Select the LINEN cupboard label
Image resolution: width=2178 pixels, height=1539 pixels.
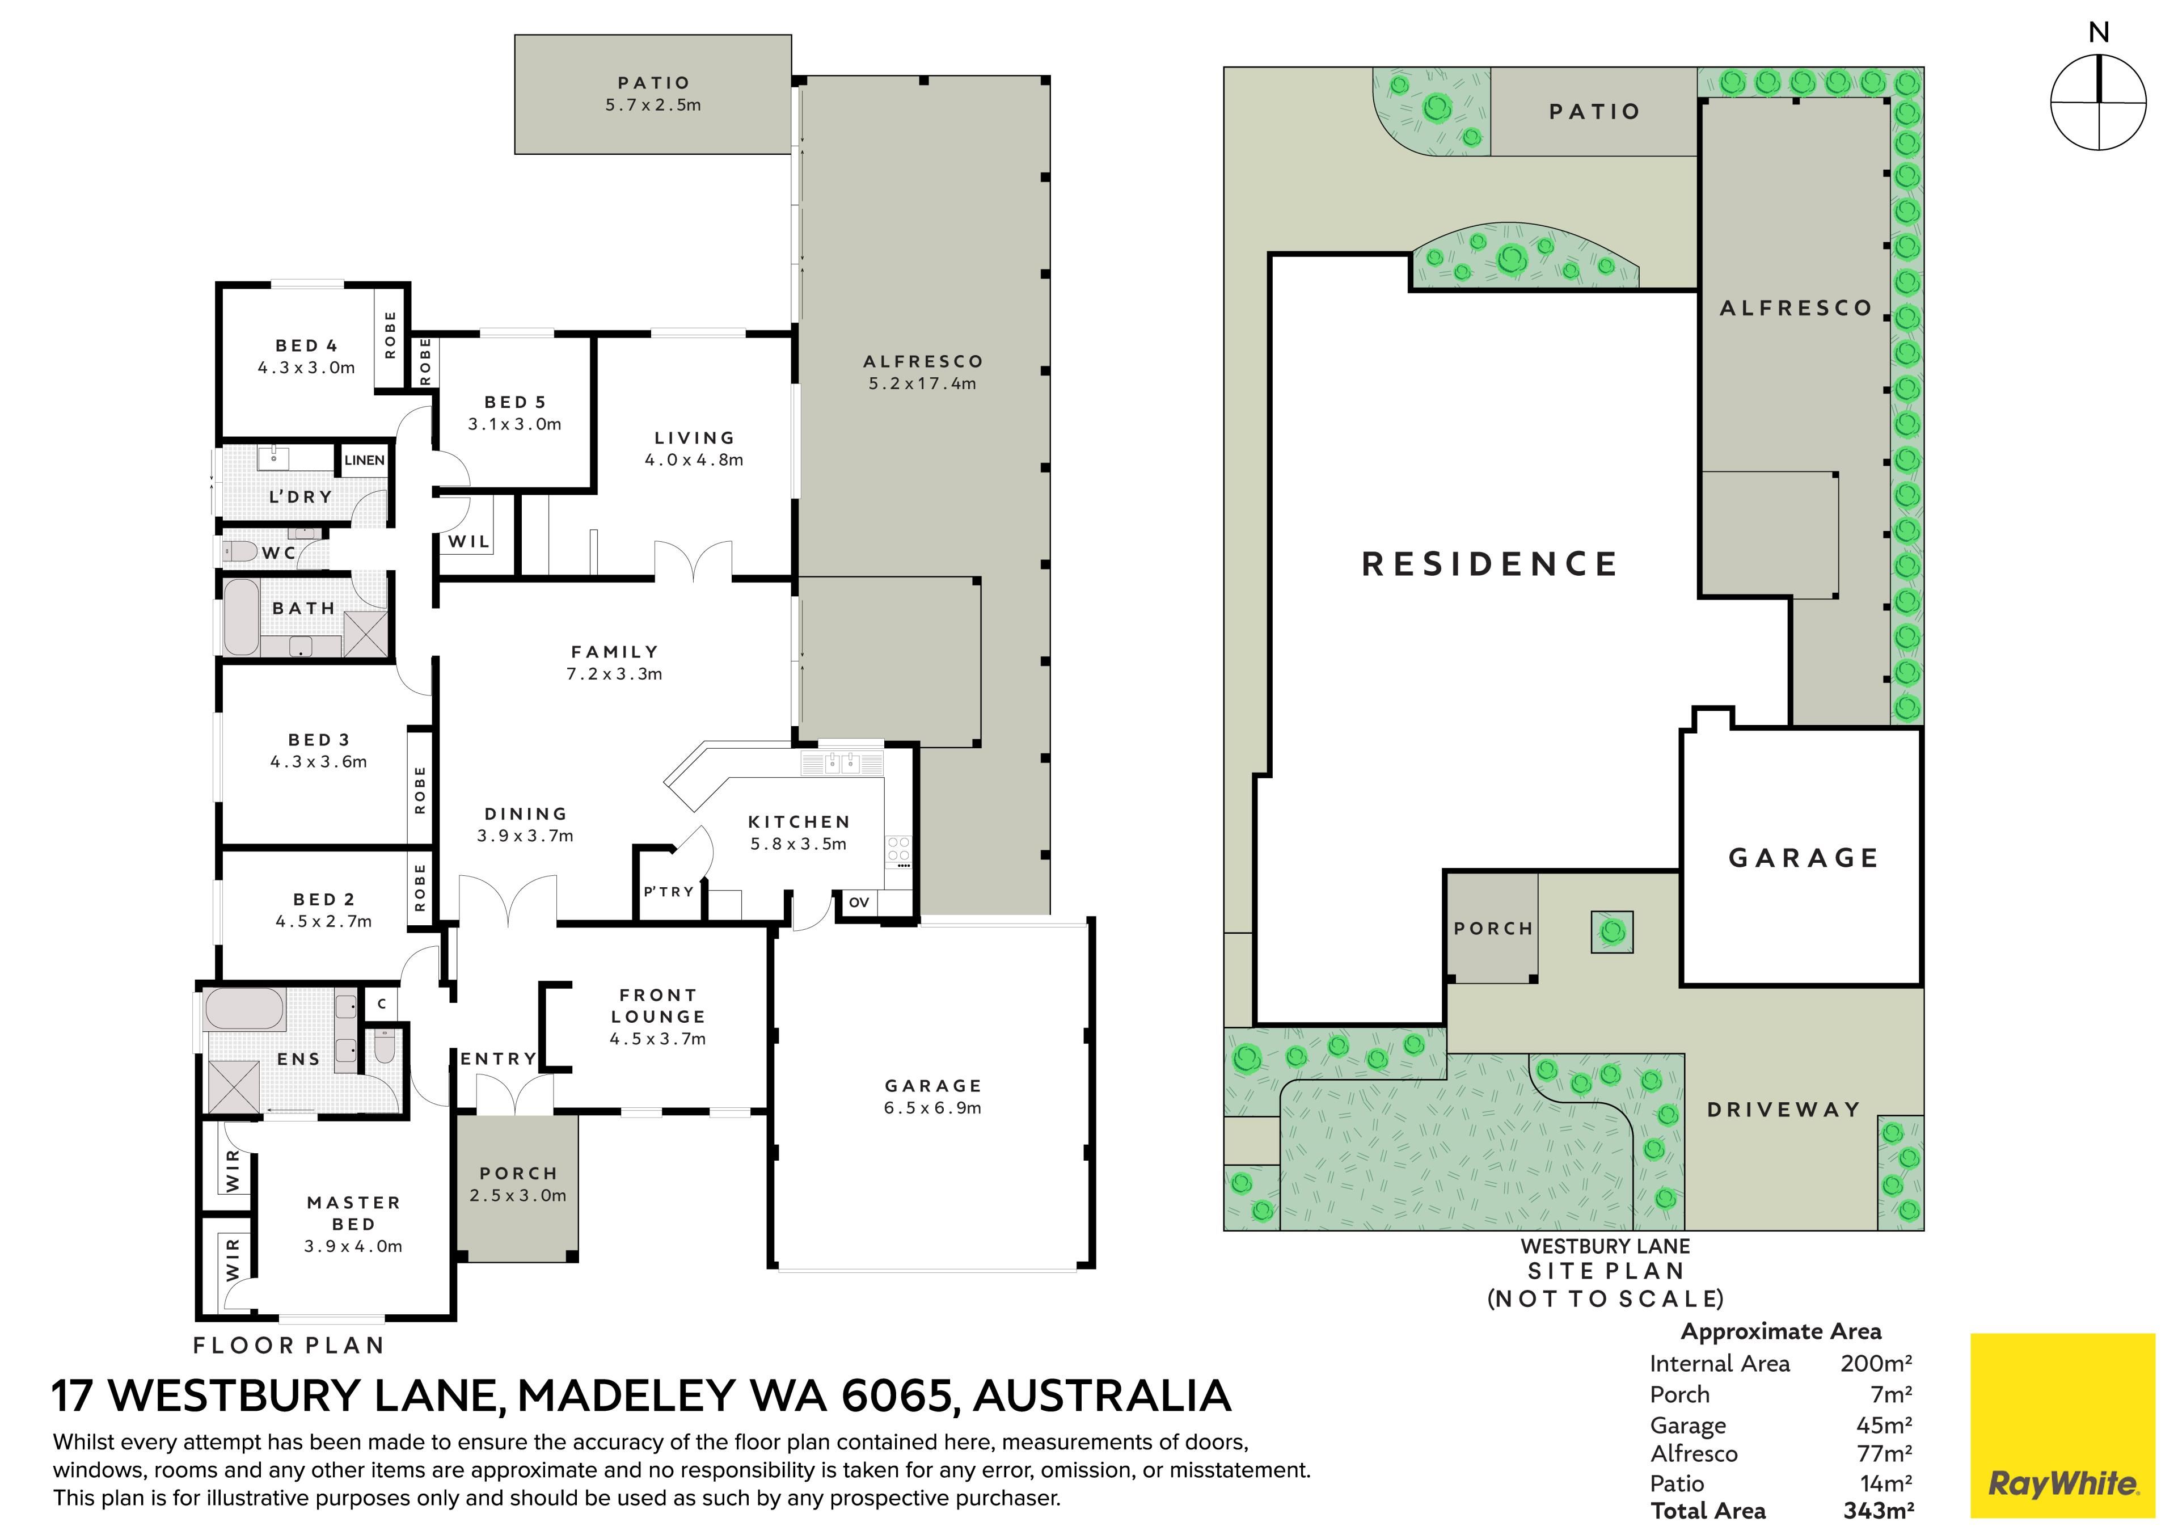[364, 460]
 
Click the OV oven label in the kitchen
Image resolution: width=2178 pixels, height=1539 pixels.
[859, 903]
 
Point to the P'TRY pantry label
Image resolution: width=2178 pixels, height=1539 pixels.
[669, 892]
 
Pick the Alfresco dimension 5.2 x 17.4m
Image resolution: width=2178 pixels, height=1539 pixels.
[922, 384]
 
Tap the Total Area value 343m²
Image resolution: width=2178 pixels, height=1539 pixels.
[1878, 1511]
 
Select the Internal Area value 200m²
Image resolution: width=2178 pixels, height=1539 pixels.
[1876, 1364]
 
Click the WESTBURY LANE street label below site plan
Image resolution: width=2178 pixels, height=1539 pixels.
[1605, 1246]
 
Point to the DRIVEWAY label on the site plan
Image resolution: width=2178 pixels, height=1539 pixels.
[1783, 1109]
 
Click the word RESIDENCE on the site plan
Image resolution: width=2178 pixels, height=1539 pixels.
[1489, 564]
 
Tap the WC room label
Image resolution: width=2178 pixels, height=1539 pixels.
[279, 553]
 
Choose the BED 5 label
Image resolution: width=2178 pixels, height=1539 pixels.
[515, 402]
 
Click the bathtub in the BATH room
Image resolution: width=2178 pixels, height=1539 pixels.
[241, 616]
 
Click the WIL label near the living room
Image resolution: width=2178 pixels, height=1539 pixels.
[468, 542]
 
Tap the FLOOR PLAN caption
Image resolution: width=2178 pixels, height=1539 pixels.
[288, 1346]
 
